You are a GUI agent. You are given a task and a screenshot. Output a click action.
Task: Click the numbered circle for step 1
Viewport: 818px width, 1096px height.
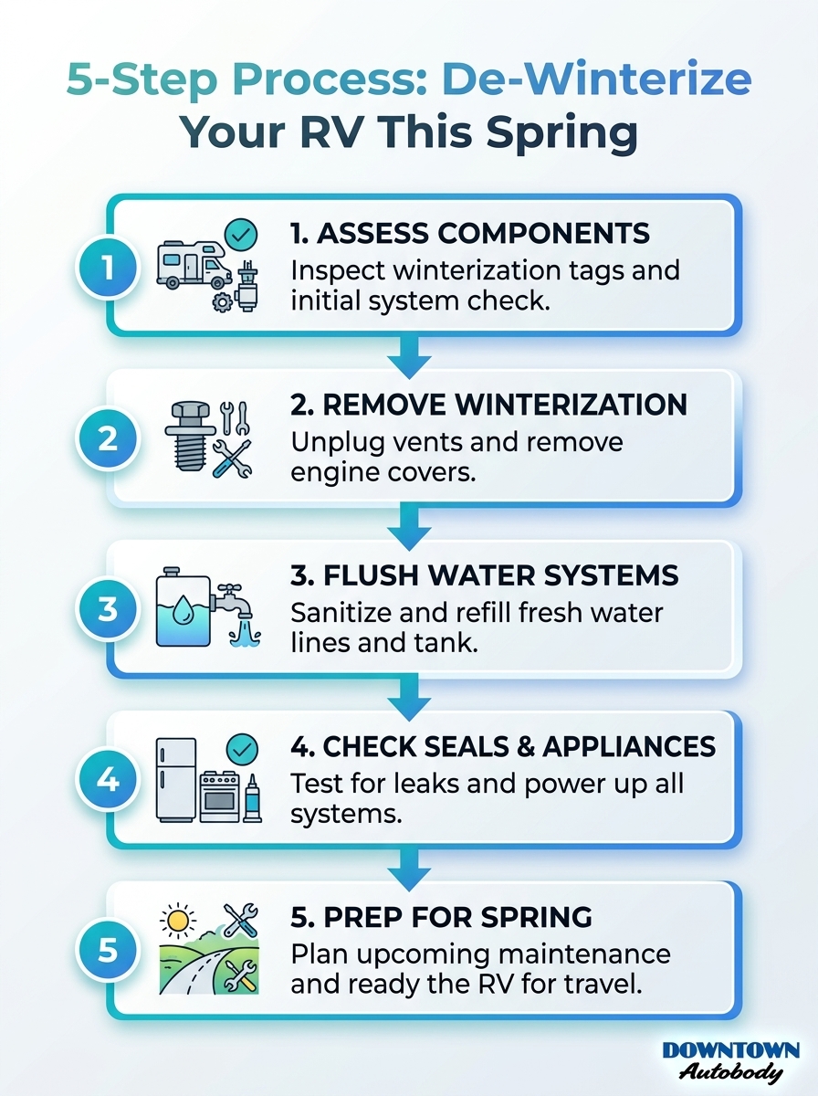tap(108, 269)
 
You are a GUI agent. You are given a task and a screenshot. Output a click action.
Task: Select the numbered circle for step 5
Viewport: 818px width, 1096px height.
tap(108, 950)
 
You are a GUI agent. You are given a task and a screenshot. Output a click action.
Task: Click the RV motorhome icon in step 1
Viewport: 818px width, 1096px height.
tap(193, 266)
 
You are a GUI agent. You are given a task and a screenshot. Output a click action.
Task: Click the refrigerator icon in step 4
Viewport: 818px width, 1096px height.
tap(175, 781)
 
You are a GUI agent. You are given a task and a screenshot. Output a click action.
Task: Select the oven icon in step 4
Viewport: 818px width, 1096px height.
tap(219, 796)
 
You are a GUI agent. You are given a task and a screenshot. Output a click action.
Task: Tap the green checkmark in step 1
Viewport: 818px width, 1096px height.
tap(241, 235)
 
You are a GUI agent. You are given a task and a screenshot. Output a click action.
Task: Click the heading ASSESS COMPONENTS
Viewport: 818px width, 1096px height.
tap(470, 233)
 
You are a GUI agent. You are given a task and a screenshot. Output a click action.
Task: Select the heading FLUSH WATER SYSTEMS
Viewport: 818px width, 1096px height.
tap(485, 575)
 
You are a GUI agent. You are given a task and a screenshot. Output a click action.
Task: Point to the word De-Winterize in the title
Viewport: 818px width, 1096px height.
tap(597, 80)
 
